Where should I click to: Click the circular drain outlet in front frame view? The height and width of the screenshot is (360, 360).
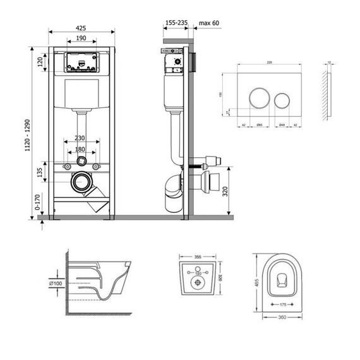coord(80,183)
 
